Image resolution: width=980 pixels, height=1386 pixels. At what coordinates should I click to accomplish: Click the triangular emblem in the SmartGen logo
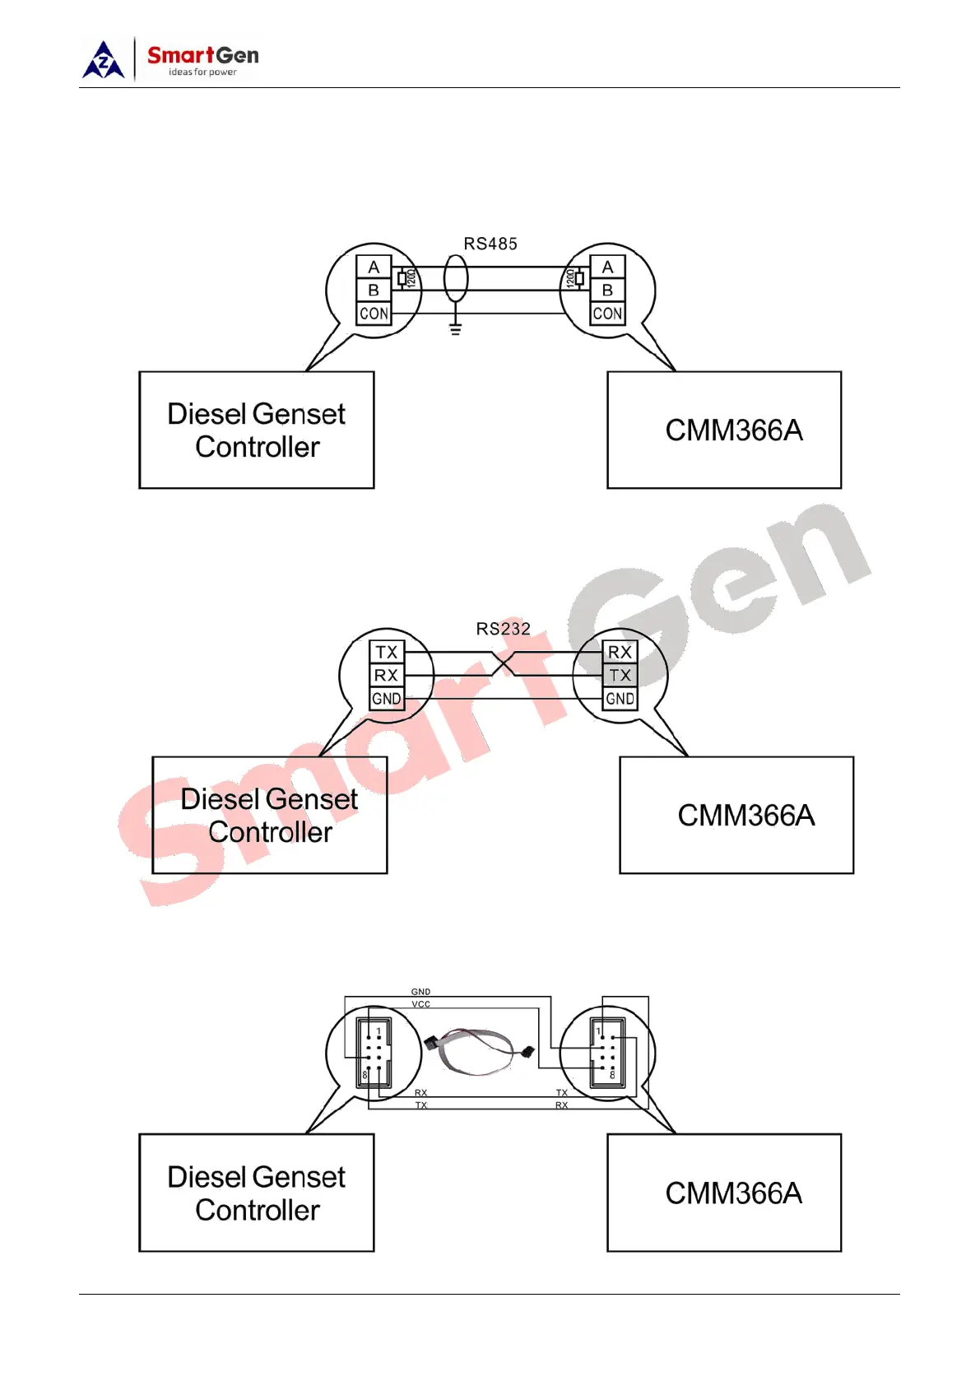104,62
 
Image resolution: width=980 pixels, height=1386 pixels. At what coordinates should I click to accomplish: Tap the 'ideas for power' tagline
202,72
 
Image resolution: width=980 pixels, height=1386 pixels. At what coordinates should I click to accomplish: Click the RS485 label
490,244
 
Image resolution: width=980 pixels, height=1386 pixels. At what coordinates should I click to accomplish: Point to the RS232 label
503,629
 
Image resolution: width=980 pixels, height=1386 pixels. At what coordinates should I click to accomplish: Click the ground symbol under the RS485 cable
455,329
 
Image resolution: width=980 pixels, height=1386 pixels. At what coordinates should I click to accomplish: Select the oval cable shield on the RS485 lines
456,278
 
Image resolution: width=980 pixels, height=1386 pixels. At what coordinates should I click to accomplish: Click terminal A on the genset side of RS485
374,267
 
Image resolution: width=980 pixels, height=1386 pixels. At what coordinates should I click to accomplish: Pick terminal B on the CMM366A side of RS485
607,290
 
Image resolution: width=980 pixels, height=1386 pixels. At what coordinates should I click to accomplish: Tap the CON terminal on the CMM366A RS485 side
607,314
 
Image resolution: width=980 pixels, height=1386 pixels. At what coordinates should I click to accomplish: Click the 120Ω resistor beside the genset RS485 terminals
402,278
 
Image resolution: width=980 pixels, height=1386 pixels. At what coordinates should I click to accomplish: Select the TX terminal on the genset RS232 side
386,652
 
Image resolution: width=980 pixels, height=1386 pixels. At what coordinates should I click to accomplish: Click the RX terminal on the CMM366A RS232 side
620,652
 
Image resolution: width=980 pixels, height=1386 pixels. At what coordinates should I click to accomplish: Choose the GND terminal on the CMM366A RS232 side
620,699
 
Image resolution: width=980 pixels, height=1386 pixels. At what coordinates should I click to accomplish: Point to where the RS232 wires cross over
503,663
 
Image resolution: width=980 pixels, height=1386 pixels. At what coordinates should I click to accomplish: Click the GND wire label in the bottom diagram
420,992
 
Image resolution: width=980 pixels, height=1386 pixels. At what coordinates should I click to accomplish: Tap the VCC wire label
420,1004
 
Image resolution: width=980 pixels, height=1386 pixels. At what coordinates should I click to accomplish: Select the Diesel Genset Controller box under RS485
257,430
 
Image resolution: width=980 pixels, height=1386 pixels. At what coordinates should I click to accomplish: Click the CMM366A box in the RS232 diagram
736,815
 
